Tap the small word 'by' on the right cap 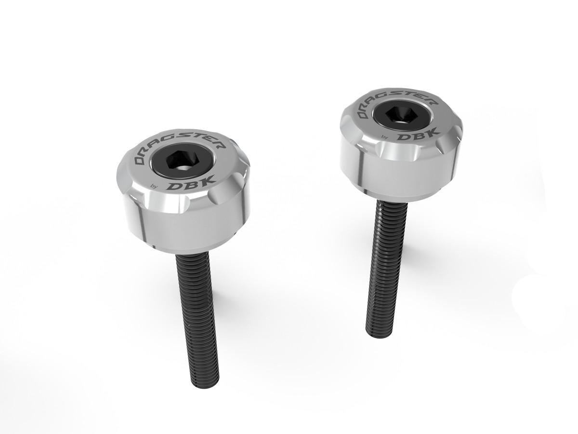[x=385, y=137]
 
